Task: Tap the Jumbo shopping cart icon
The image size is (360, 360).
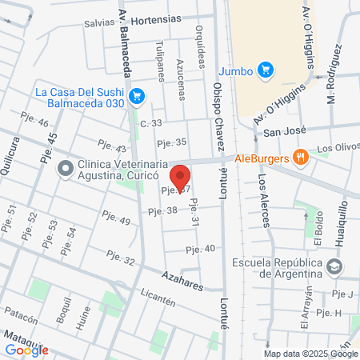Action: [x=267, y=71]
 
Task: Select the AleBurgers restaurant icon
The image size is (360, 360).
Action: [x=301, y=158]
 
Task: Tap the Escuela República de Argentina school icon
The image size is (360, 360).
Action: [x=335, y=265]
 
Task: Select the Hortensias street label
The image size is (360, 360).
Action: [x=156, y=18]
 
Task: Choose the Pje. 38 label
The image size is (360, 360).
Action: [x=162, y=210]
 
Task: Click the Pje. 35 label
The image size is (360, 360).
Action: [x=171, y=142]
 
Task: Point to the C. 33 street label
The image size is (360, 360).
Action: [x=150, y=122]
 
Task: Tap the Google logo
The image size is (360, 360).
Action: [x=26, y=350]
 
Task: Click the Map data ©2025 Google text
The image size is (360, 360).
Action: [x=311, y=354]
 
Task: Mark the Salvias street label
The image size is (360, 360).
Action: [x=99, y=22]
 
